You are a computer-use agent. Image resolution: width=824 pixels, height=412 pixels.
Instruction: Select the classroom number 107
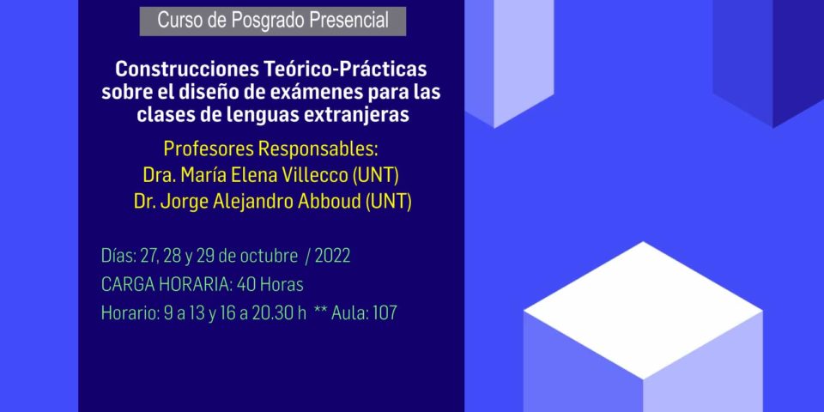pyautogui.click(x=385, y=313)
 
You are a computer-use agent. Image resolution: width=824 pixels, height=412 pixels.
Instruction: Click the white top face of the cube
pyautogui.click(x=643, y=310)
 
